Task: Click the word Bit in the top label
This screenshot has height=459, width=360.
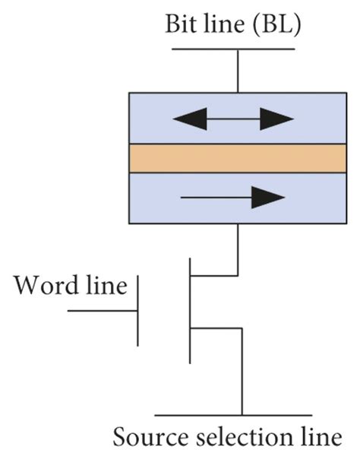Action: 180,25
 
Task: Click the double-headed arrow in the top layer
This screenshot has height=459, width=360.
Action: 233,119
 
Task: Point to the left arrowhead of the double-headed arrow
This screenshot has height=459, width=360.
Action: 185,119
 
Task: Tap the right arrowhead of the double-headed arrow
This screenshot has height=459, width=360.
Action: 280,119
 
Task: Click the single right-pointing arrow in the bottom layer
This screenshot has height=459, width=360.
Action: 232,198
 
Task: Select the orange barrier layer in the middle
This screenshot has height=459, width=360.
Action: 237,158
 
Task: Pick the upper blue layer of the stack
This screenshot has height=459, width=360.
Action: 152,118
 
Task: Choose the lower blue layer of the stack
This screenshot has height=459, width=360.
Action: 152,198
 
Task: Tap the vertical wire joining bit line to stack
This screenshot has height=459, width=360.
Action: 238,71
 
